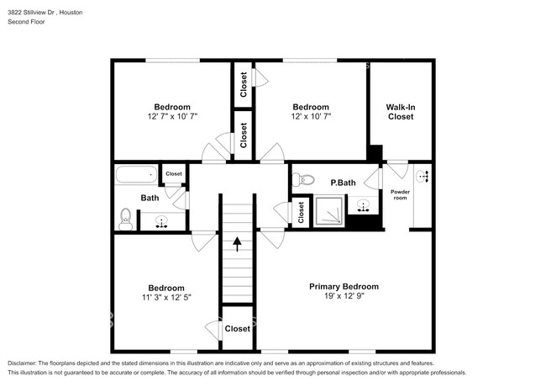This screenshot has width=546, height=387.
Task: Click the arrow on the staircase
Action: pos(237,244)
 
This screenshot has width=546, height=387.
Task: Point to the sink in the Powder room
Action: pos(423,176)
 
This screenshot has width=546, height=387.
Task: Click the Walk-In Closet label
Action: pos(401,112)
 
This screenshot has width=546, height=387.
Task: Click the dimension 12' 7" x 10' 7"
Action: pos(171,117)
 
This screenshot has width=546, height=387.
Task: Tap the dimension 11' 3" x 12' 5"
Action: pos(165,298)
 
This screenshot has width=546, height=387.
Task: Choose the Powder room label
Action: pos(401,195)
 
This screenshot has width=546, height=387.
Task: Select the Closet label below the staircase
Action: pos(237,329)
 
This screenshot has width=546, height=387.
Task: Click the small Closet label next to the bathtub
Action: pos(174,174)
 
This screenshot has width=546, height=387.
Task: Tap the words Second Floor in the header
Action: pos(26,22)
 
